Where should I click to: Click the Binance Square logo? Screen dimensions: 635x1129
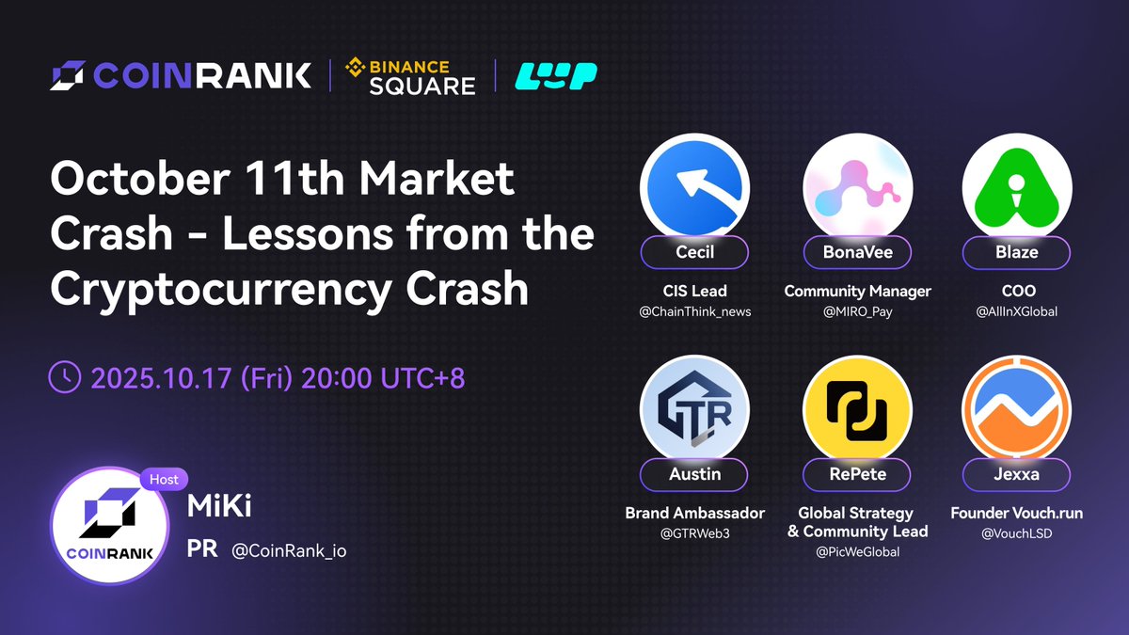coord(411,75)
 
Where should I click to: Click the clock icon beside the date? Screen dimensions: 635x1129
coord(64,377)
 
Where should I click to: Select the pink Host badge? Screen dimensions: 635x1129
coord(164,479)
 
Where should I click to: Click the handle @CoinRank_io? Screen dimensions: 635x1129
coord(289,550)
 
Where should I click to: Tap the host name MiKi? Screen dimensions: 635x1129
coord(220,509)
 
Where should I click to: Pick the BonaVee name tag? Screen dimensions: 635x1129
coord(857,252)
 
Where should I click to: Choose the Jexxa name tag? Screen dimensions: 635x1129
coord(1016,474)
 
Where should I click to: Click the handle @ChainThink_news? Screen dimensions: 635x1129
coord(694,311)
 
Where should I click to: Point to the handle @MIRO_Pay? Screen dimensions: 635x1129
coord(857,311)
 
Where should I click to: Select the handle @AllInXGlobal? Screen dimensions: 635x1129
coord(1016,311)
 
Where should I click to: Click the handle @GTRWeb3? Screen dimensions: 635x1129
coord(694,533)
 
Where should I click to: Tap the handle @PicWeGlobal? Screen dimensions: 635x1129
coord(857,552)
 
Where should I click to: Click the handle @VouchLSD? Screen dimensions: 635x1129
coord(1016,533)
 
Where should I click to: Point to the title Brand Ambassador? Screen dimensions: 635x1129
coord(694,514)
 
